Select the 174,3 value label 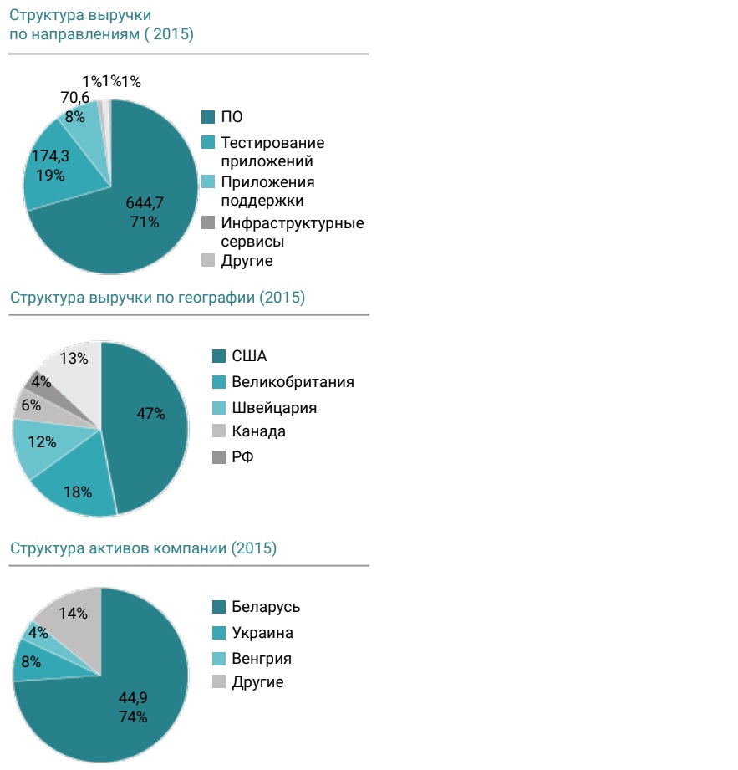(x=50, y=156)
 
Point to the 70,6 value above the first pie (x=75, y=98)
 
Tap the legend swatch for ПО (x=209, y=117)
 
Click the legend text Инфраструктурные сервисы (x=292, y=232)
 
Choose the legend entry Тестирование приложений (x=272, y=152)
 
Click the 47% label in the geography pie (x=152, y=413)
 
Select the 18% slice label (x=78, y=492)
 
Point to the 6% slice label (x=31, y=404)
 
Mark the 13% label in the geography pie (x=75, y=358)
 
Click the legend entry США (x=249, y=356)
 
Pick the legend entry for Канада (x=258, y=431)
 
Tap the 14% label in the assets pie (x=74, y=613)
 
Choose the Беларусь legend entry (x=265, y=607)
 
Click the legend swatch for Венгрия (x=220, y=658)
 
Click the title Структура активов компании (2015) (x=143, y=548)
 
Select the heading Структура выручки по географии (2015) (x=157, y=298)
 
